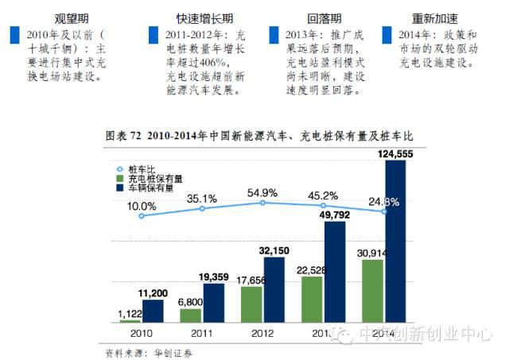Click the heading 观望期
click(70, 17)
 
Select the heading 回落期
click(326, 17)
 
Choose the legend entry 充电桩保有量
click(156, 179)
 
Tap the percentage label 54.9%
click(263, 192)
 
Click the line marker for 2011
click(202, 208)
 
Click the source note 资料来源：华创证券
click(149, 351)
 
